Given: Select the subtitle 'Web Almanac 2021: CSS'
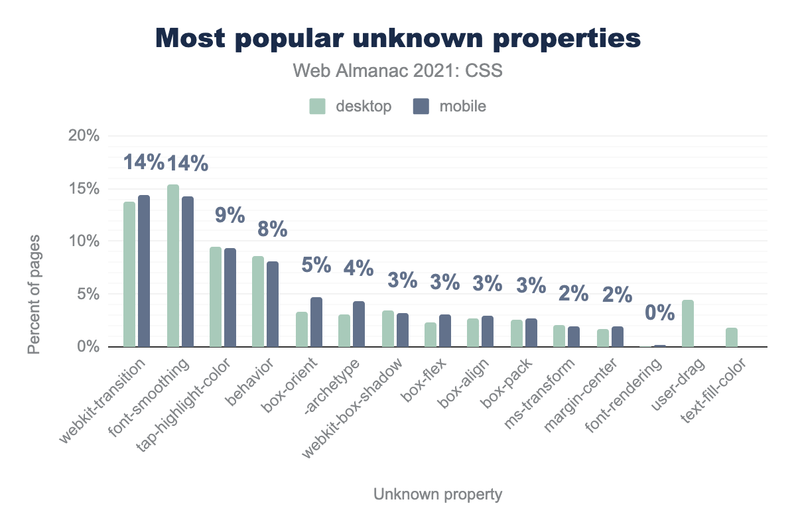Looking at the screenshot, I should [398, 71].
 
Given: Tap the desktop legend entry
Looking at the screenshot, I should [351, 106].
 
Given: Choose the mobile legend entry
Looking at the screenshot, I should [449, 106].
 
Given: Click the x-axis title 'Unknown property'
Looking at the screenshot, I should [438, 494].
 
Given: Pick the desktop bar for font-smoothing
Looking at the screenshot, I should [173, 265].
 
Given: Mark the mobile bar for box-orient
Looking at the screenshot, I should [316, 322].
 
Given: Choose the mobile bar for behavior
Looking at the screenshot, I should [273, 304].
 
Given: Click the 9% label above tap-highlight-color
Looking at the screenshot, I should [230, 216].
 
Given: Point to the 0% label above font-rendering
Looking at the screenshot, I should [660, 312].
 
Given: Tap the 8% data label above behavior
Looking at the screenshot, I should [273, 230].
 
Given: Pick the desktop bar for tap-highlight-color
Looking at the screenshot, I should [216, 297].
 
